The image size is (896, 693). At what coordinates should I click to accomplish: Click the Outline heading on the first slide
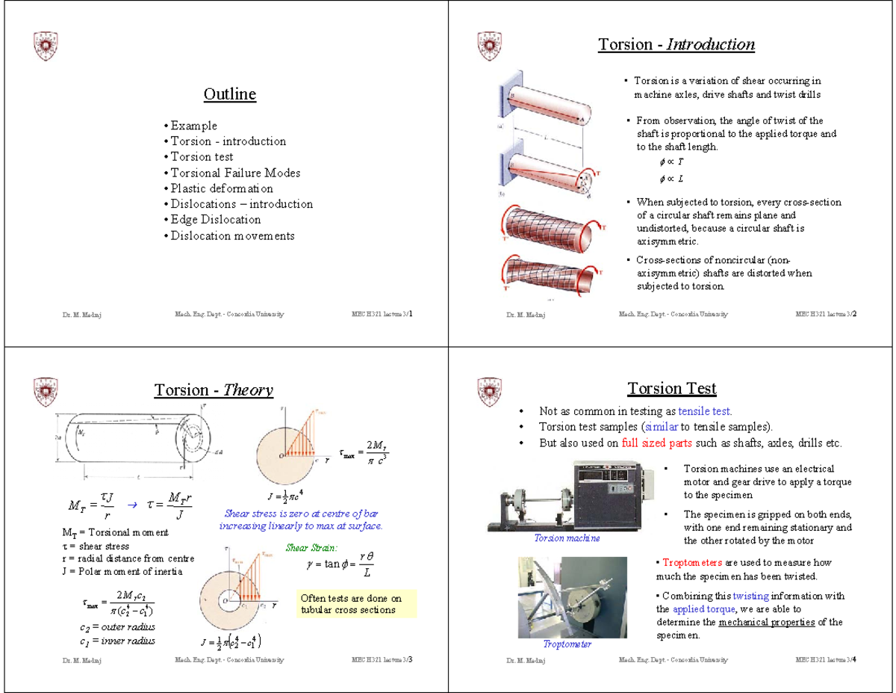[x=229, y=94]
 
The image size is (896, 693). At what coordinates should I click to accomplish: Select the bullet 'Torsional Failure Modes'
[x=235, y=173]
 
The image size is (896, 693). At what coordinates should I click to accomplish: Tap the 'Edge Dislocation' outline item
[x=215, y=220]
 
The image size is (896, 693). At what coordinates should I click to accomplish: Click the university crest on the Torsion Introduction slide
[x=485, y=46]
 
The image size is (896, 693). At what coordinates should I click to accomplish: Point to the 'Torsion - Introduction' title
[x=676, y=45]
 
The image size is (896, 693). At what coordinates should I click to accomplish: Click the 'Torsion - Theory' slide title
[x=213, y=390]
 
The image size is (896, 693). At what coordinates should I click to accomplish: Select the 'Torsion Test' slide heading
[x=671, y=389]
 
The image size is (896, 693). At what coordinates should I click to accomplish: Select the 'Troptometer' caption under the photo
[x=567, y=644]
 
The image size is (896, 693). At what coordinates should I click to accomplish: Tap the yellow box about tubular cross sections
[x=355, y=604]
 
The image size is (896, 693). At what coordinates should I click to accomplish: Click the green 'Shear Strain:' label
[x=312, y=548]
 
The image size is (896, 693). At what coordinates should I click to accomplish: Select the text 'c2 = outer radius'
[x=117, y=627]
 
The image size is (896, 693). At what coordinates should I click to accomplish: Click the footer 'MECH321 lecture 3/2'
[x=826, y=314]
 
